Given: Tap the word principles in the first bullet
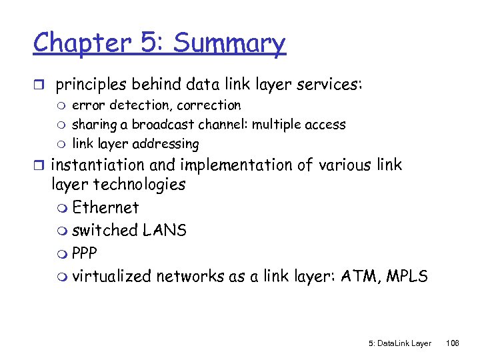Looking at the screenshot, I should click(x=93, y=86).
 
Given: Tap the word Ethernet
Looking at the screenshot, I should click(x=105, y=207).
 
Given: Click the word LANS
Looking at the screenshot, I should click(x=165, y=230).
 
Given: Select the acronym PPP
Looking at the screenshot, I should click(x=85, y=253).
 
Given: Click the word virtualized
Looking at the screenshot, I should click(x=111, y=276).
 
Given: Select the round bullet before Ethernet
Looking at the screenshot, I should click(x=64, y=209).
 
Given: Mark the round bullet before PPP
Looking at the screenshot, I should click(x=64, y=254).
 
